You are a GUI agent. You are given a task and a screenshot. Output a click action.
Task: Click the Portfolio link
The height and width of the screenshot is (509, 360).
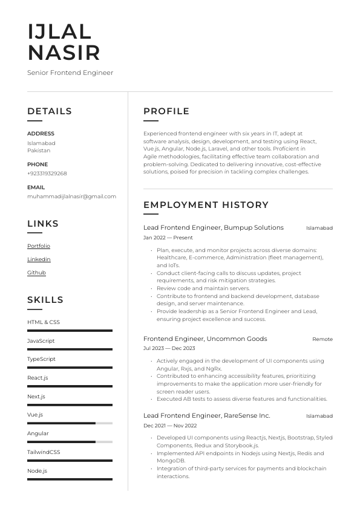click(39, 246)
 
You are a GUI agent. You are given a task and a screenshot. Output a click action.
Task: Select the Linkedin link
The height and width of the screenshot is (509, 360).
click(39, 259)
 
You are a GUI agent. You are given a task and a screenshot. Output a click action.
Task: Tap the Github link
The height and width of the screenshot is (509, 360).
click(36, 273)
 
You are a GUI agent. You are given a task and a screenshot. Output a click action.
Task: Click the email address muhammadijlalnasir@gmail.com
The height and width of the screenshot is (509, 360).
click(71, 196)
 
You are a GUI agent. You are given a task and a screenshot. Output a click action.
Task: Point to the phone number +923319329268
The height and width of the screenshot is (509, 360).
click(47, 173)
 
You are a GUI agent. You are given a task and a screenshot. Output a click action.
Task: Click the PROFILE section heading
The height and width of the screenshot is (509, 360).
click(166, 111)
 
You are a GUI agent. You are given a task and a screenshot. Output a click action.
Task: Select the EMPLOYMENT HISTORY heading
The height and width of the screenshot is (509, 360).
click(206, 205)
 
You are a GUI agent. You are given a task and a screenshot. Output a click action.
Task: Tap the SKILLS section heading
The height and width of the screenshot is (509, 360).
click(45, 300)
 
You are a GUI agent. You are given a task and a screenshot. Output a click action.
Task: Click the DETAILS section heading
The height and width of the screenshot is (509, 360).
click(50, 111)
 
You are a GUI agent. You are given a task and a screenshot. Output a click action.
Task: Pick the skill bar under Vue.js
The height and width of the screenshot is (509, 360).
click(70, 423)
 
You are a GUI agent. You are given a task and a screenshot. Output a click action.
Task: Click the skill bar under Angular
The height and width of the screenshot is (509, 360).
click(70, 442)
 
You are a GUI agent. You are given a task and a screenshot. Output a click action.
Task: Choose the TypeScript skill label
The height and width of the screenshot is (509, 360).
click(41, 359)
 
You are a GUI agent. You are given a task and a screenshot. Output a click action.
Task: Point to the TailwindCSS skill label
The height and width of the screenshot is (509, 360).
click(44, 452)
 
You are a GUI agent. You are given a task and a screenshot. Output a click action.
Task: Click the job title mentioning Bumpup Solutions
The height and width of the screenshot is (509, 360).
click(213, 228)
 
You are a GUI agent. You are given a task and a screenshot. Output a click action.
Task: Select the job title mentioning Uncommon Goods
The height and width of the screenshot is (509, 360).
click(205, 339)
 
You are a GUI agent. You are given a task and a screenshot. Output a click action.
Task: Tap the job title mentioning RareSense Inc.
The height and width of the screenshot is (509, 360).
click(206, 416)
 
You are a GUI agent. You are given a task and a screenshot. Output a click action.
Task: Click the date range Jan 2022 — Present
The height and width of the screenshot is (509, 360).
click(168, 238)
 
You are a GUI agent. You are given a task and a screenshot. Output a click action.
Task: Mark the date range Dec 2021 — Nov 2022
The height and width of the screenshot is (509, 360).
click(169, 426)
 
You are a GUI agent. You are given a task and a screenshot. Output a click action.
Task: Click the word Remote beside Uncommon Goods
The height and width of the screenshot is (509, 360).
click(322, 339)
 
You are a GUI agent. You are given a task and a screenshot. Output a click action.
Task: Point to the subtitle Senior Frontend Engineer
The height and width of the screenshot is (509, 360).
click(70, 73)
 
